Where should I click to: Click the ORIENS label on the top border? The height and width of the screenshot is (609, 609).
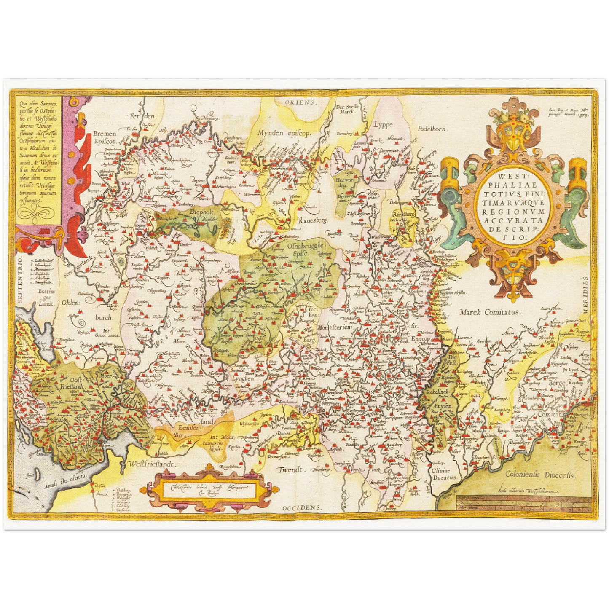(300, 102)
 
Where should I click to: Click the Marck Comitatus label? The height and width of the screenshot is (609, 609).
(490, 312)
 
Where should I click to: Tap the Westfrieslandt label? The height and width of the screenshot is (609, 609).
(150, 464)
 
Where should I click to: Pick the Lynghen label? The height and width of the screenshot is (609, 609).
(243, 378)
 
